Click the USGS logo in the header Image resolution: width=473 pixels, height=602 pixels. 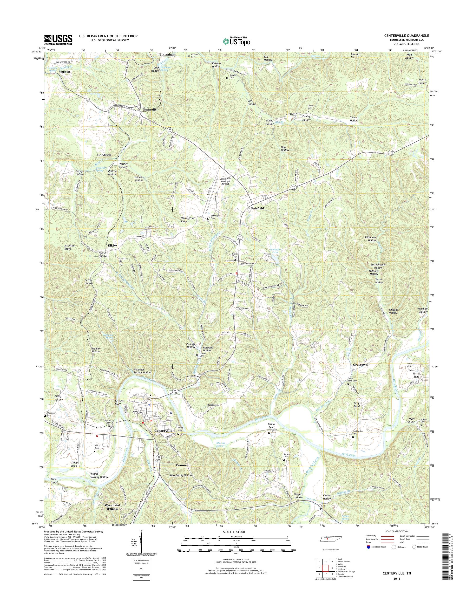pyautogui.click(x=58, y=40)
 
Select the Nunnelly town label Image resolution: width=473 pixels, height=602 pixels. pyautogui.click(x=149, y=110)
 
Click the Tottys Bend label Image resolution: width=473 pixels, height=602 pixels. pyautogui.click(x=414, y=375)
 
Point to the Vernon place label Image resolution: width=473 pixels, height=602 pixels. pyautogui.click(x=64, y=71)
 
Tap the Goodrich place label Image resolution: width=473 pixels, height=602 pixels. pyautogui.click(x=104, y=155)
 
